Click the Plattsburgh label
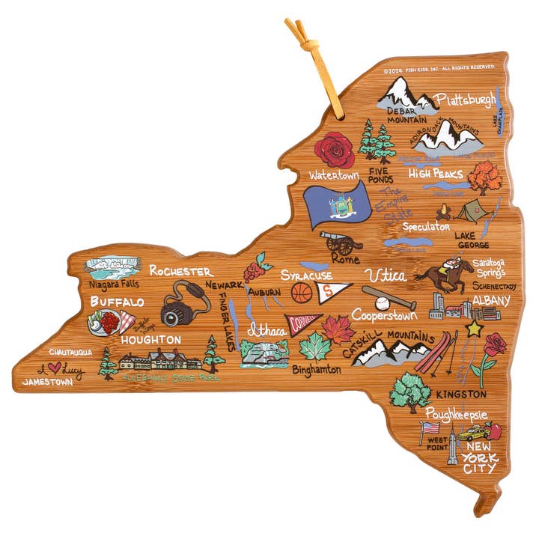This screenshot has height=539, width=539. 466,100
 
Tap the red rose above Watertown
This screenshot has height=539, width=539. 334,150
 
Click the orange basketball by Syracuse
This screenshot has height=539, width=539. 302,292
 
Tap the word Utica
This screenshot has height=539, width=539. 389,274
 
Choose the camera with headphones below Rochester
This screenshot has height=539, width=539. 183,305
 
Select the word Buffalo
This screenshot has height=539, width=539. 117,301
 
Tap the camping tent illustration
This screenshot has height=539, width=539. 472,210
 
